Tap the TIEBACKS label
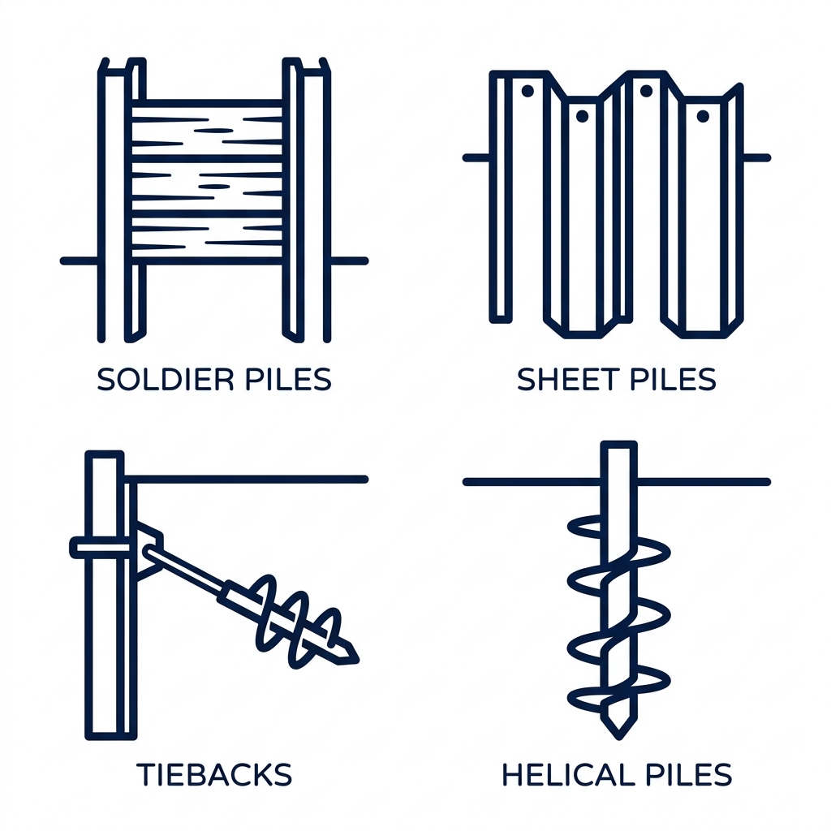point(214,774)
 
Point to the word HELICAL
point(565,774)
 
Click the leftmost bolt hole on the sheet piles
point(526,92)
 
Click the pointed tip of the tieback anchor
point(352,654)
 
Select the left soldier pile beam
point(122,203)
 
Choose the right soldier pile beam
point(307,203)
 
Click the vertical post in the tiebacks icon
point(105,633)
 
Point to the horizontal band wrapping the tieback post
point(101,549)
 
